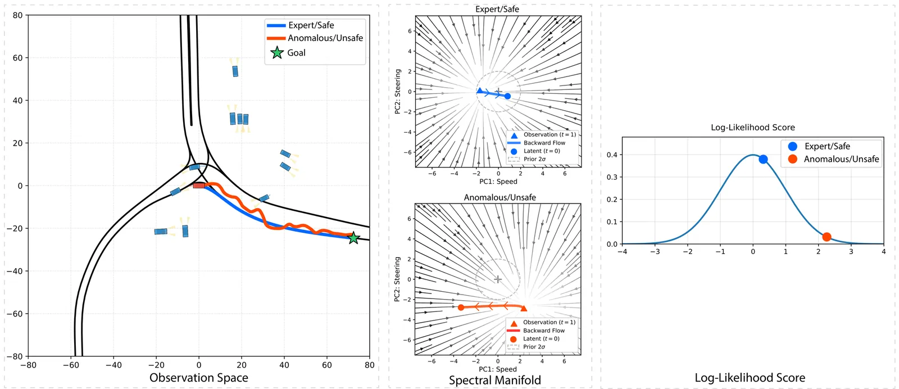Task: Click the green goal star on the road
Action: (x=353, y=238)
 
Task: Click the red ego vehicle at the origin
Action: (x=199, y=185)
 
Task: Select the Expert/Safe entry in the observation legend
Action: (x=311, y=25)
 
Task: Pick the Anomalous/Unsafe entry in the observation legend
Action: (x=325, y=38)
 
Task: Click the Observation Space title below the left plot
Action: (x=198, y=378)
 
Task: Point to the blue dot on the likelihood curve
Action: (x=763, y=159)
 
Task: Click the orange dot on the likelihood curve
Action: (x=827, y=237)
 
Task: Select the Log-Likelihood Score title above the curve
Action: (x=752, y=128)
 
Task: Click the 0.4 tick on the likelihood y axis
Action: (x=612, y=155)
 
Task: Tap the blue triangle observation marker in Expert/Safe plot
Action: (x=479, y=91)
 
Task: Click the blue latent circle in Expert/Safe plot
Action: (x=507, y=96)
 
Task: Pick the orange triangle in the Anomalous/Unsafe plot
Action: (x=524, y=308)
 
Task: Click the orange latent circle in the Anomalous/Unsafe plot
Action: (x=461, y=307)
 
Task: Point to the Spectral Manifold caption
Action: (x=494, y=381)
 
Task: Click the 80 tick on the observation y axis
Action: (x=17, y=15)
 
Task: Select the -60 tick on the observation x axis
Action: (x=71, y=365)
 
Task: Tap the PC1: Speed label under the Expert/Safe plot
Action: (x=498, y=182)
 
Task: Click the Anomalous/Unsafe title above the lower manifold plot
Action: (x=500, y=197)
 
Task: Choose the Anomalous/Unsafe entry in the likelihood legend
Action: (x=841, y=159)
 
